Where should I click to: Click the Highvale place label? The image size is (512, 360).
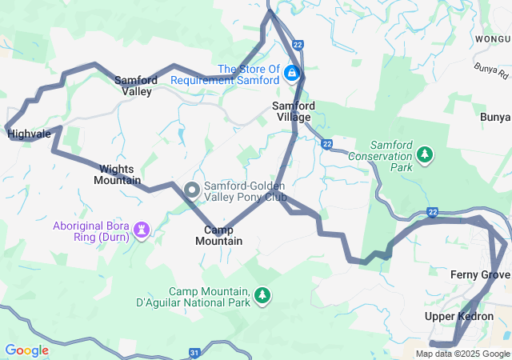(29, 134)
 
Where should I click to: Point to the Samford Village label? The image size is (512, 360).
(293, 111)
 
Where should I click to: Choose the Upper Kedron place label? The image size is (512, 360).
(458, 317)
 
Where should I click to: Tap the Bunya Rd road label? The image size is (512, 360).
(490, 72)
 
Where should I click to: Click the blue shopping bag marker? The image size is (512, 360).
(292, 75)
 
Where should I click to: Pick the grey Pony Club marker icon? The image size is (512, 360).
(192, 189)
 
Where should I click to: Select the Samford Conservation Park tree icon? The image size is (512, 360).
(426, 152)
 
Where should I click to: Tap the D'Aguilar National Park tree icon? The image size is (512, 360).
(262, 297)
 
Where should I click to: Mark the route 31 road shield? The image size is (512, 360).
(195, 352)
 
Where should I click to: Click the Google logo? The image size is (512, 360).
(27, 350)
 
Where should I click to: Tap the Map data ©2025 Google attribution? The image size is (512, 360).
(462, 354)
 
